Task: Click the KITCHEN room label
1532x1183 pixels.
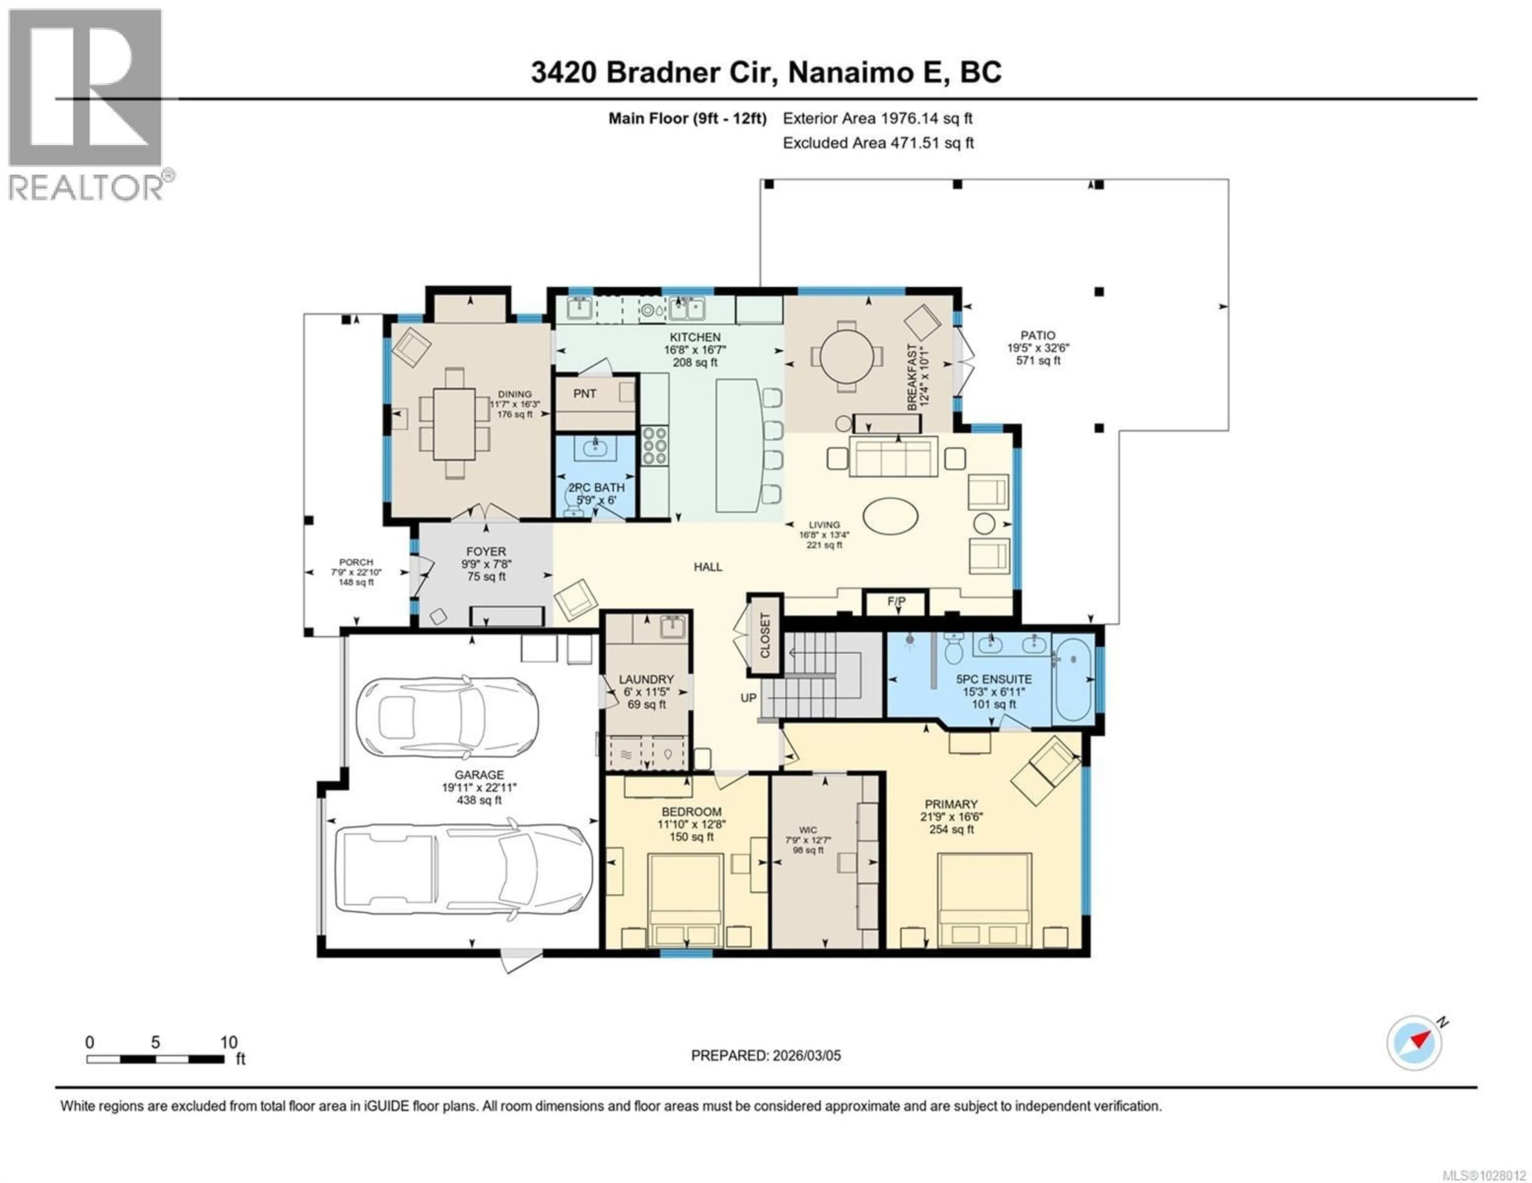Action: tap(695, 337)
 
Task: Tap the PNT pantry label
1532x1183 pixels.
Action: tap(584, 394)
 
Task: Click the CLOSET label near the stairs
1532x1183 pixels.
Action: tap(764, 635)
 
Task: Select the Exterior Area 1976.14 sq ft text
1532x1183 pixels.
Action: tap(878, 118)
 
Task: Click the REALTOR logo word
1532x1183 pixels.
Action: tap(86, 187)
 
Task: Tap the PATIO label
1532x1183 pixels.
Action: tap(1037, 336)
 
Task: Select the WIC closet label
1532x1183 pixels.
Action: tap(807, 830)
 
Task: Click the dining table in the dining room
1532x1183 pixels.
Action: tap(454, 423)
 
